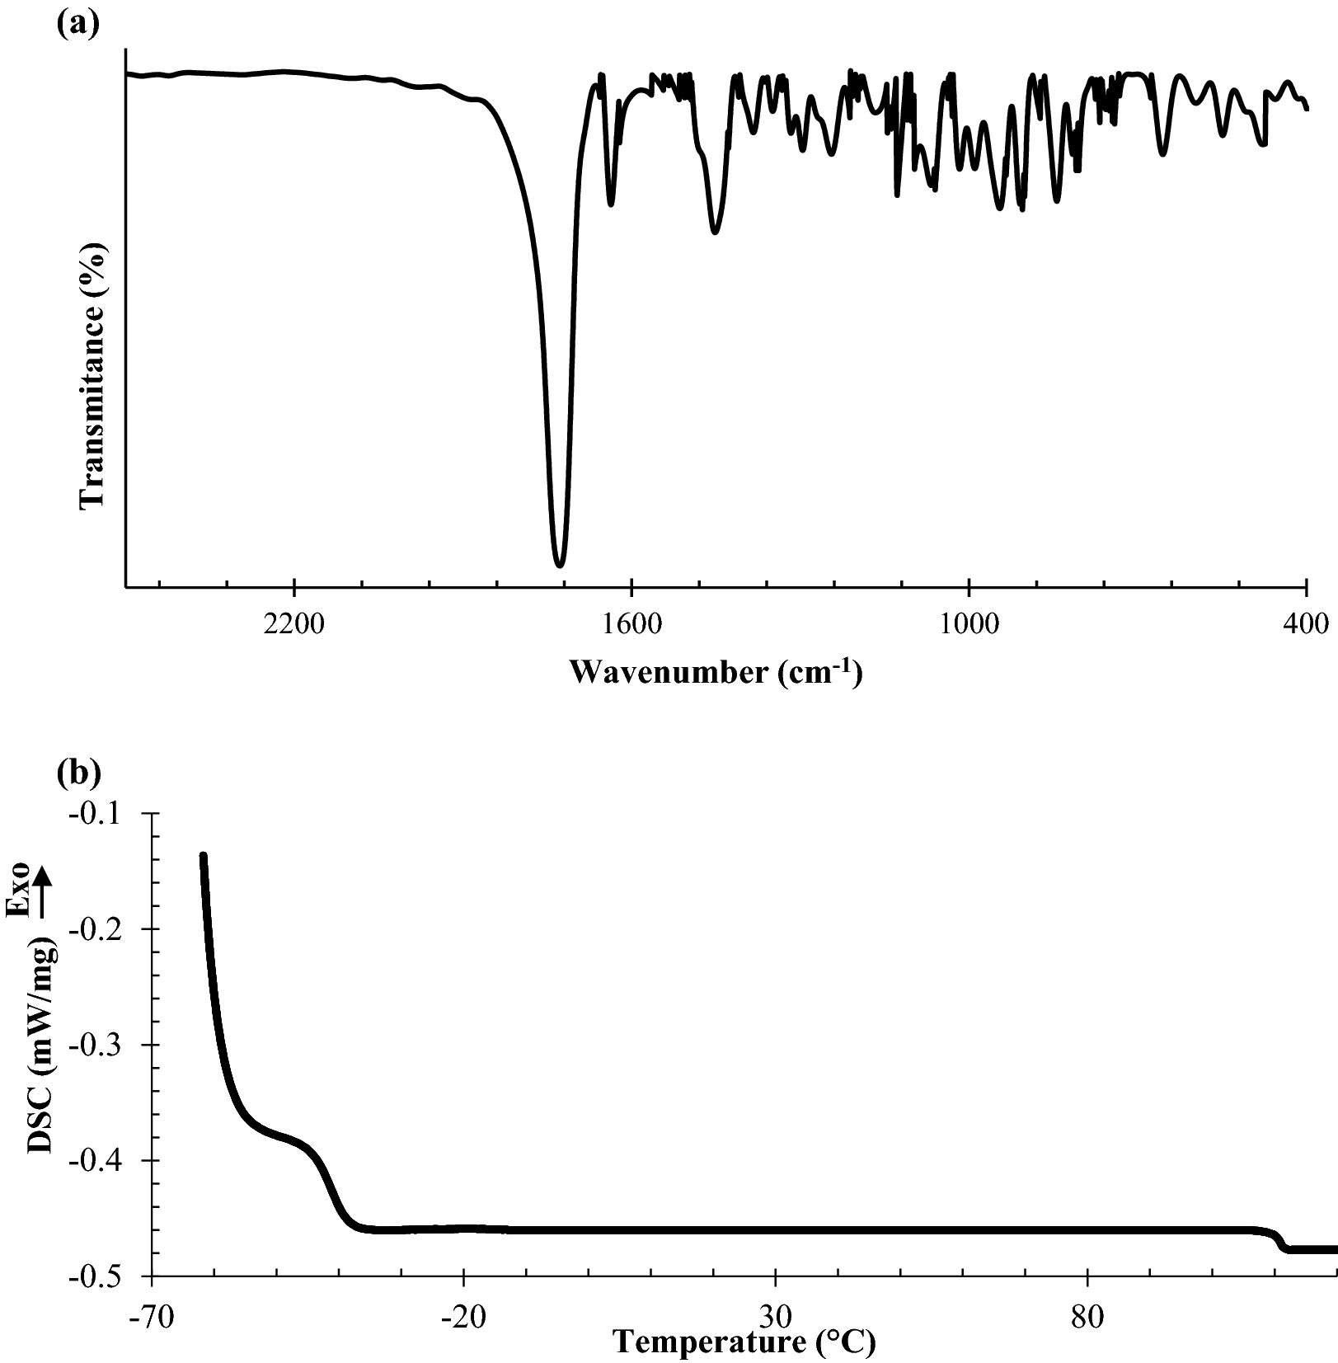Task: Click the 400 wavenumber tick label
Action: point(1306,623)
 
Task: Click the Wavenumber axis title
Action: point(715,673)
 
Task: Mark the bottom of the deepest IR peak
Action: point(560,566)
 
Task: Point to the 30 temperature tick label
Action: point(776,1314)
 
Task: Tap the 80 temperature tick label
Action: point(1088,1314)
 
